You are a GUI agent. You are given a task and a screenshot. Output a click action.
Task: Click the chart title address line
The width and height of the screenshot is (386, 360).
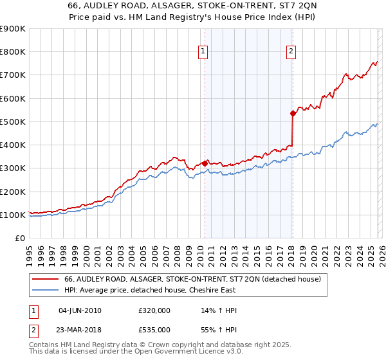coord(192,6)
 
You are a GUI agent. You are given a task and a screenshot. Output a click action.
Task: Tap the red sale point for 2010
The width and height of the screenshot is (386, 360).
coord(205,163)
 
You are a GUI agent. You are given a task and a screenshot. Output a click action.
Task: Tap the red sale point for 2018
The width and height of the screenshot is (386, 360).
coord(293,114)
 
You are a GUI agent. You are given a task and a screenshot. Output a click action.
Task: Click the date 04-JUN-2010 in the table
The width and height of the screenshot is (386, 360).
coord(80,310)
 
